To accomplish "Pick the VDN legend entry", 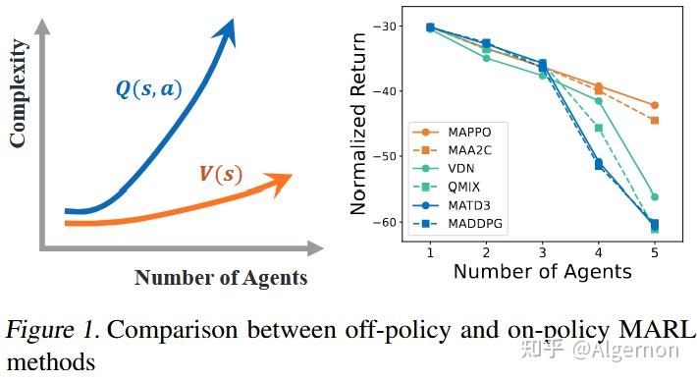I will pos(456,170).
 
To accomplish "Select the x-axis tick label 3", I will pos(543,251).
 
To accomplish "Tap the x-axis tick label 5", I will pos(655,251).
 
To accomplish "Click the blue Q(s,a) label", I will pos(147,88).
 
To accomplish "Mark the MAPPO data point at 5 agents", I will pos(655,105).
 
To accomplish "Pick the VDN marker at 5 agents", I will pos(655,197).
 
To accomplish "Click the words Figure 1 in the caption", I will pos(50,330).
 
